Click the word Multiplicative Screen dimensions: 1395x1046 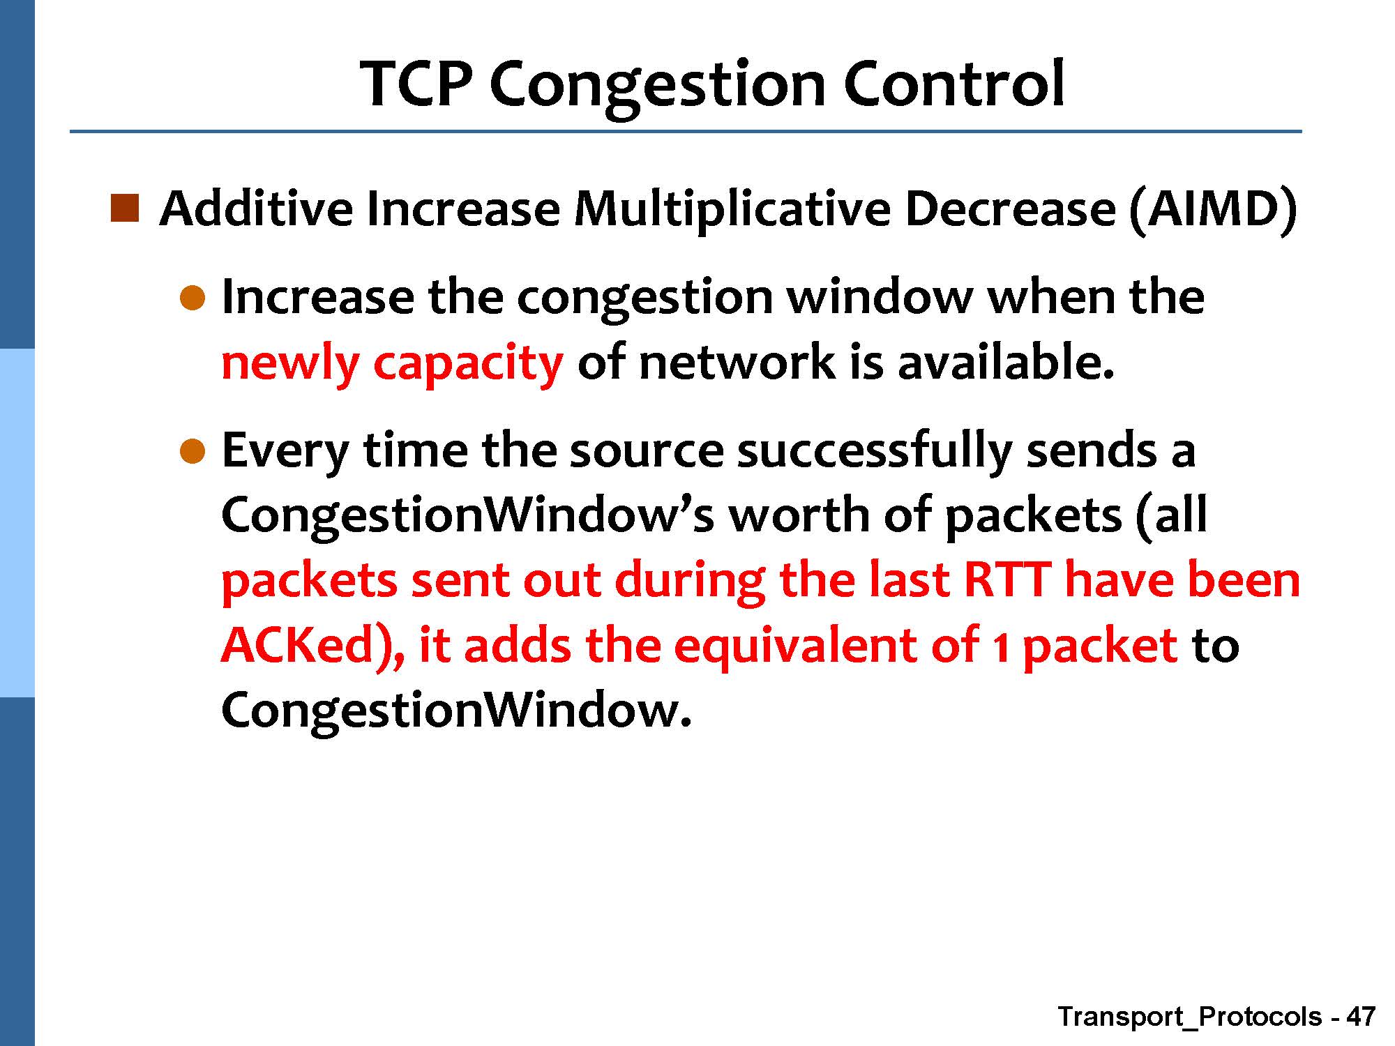tap(732, 210)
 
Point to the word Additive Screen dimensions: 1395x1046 tap(256, 209)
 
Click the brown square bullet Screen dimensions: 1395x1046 tap(125, 209)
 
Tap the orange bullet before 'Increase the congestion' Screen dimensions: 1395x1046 tap(193, 298)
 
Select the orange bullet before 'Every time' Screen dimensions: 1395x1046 tap(193, 452)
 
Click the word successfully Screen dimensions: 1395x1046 tap(875, 452)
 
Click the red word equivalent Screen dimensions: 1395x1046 tap(795, 647)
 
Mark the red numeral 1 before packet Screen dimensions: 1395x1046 tap(1000, 647)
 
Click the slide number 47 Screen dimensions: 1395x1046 tap(1361, 1016)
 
